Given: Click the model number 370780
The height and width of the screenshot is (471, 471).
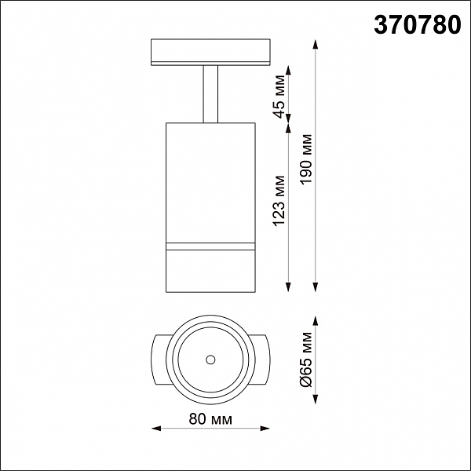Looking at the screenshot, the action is click(x=418, y=25).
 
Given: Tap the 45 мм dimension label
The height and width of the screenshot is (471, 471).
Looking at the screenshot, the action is click(x=279, y=97).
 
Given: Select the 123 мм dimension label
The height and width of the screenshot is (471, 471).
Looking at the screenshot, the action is click(x=279, y=201).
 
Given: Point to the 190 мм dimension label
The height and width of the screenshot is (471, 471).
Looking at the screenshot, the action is click(x=306, y=159).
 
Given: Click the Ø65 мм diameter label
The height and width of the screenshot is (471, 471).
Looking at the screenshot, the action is click(x=306, y=360).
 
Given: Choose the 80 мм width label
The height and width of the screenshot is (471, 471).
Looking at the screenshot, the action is click(x=210, y=419).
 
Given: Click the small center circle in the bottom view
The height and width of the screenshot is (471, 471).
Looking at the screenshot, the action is click(x=210, y=360).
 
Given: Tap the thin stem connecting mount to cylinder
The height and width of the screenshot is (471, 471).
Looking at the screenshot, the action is click(x=210, y=94).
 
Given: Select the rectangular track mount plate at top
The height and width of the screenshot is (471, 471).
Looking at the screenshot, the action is click(x=210, y=52).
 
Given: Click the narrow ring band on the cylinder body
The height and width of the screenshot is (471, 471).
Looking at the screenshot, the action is click(x=210, y=246).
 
